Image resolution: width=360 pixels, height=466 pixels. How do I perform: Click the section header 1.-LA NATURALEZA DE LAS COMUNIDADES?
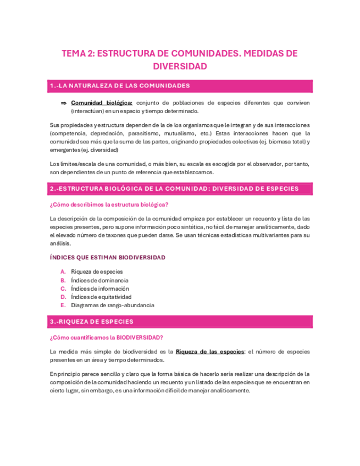(x=120, y=86)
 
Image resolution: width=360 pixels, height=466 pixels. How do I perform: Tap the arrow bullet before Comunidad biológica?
(x=63, y=103)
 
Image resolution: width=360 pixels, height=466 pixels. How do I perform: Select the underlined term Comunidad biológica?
(x=102, y=103)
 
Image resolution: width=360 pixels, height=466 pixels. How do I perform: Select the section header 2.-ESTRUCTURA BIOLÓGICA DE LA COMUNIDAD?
(x=174, y=188)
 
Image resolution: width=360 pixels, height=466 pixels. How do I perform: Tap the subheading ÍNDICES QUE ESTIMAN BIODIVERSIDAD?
(x=107, y=257)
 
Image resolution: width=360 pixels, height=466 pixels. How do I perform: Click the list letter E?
(x=63, y=305)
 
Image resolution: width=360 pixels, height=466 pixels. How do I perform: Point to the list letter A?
(x=63, y=271)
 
